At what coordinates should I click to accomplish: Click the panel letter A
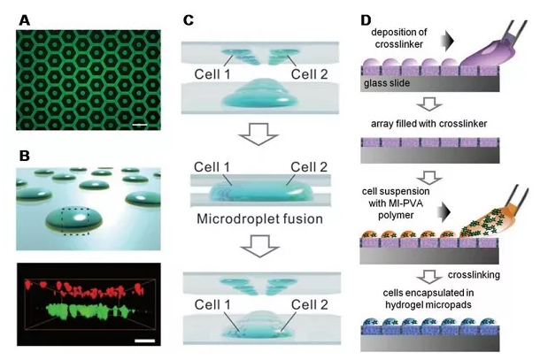click(24, 17)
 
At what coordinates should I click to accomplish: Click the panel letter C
click(188, 17)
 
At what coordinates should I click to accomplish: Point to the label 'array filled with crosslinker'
click(437, 124)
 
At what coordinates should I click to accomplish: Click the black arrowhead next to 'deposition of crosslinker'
click(451, 39)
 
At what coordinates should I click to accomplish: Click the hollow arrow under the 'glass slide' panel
click(439, 105)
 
